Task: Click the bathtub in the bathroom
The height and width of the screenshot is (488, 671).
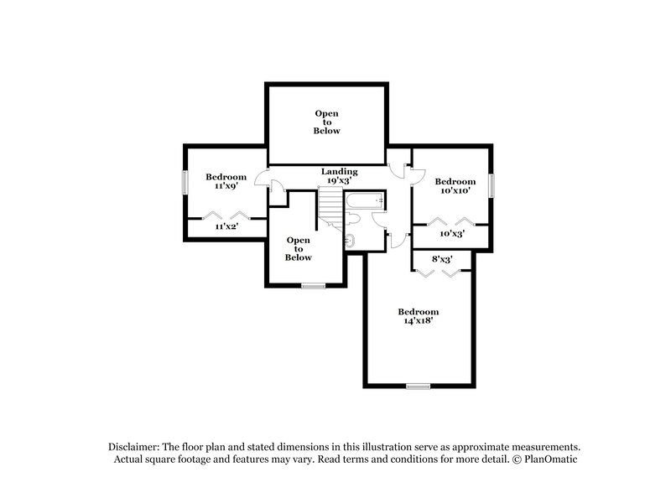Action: click(365, 201)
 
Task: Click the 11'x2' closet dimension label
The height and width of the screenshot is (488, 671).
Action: click(226, 226)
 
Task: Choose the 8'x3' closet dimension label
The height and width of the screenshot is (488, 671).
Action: click(442, 259)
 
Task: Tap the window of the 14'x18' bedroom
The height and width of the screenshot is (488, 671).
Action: click(418, 387)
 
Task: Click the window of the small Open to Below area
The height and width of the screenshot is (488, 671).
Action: click(314, 287)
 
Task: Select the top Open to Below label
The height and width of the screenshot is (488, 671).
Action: click(327, 122)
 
